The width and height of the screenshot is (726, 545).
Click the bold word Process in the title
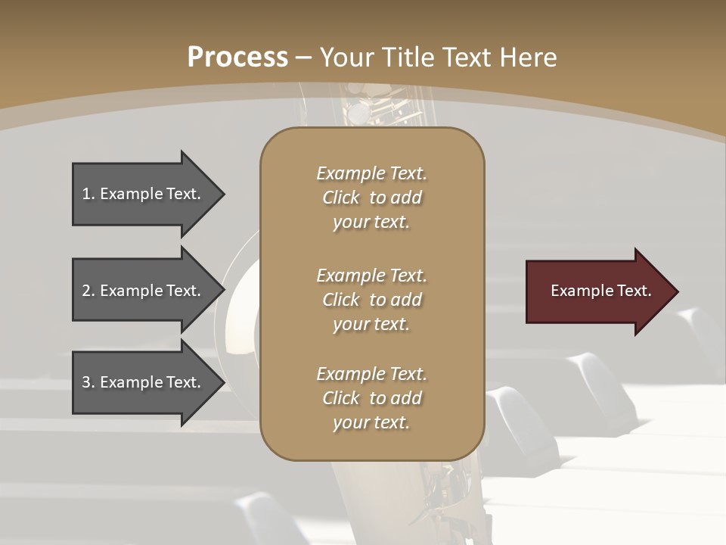point(237,57)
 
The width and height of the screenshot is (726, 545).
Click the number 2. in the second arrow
point(88,291)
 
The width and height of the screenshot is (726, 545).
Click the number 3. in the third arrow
point(88,382)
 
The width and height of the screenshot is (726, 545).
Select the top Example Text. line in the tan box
point(371,173)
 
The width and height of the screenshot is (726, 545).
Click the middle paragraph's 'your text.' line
point(371,324)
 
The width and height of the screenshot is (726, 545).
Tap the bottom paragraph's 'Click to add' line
point(371,398)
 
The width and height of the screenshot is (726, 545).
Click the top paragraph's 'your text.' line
point(371,223)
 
